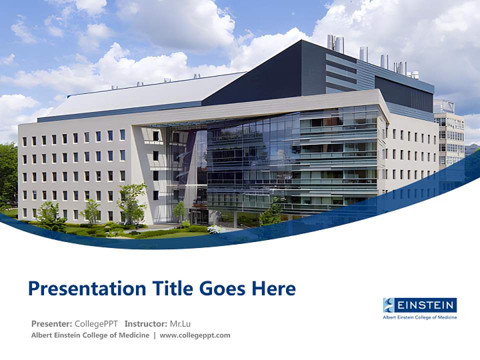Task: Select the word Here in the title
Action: click(x=273, y=288)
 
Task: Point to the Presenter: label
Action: click(x=51, y=323)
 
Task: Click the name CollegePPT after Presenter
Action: click(x=96, y=323)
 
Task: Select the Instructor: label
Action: click(x=146, y=323)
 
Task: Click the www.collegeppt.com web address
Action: click(x=195, y=335)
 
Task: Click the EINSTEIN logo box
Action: click(x=419, y=305)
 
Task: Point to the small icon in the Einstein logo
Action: click(x=389, y=305)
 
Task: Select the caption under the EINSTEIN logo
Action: click(x=419, y=317)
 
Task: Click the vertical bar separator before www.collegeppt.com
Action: click(x=154, y=335)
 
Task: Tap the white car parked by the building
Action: click(x=215, y=229)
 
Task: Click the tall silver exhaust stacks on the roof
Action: click(x=335, y=44)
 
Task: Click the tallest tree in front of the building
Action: click(x=131, y=200)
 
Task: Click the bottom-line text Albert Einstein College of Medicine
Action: click(x=90, y=335)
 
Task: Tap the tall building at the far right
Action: click(x=450, y=135)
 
